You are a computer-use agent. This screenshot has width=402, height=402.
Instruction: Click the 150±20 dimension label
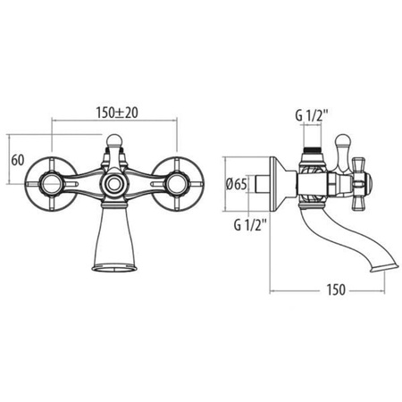coord(117,113)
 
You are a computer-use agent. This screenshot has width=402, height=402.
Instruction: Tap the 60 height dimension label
coord(18,161)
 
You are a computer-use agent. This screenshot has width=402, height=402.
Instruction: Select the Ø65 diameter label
coord(236,185)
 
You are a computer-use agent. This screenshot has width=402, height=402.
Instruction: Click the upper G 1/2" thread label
coord(312,115)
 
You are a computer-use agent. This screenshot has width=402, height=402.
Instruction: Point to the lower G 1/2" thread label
coord(250,225)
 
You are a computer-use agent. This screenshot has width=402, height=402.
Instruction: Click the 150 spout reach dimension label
coord(336,289)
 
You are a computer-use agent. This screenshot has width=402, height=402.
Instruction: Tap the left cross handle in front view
coord(50,184)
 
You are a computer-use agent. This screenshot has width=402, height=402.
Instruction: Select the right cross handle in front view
coord(179,184)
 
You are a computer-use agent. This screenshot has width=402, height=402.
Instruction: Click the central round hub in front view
coord(113,184)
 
